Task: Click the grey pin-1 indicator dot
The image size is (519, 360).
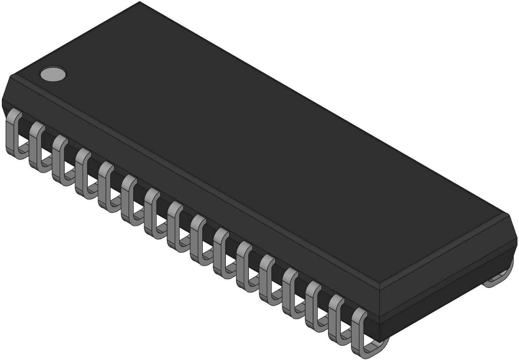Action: (53, 74)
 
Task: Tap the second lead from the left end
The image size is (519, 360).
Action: (35, 146)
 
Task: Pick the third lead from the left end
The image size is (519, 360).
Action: (58, 158)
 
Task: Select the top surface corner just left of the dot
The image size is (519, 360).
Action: (11, 75)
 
